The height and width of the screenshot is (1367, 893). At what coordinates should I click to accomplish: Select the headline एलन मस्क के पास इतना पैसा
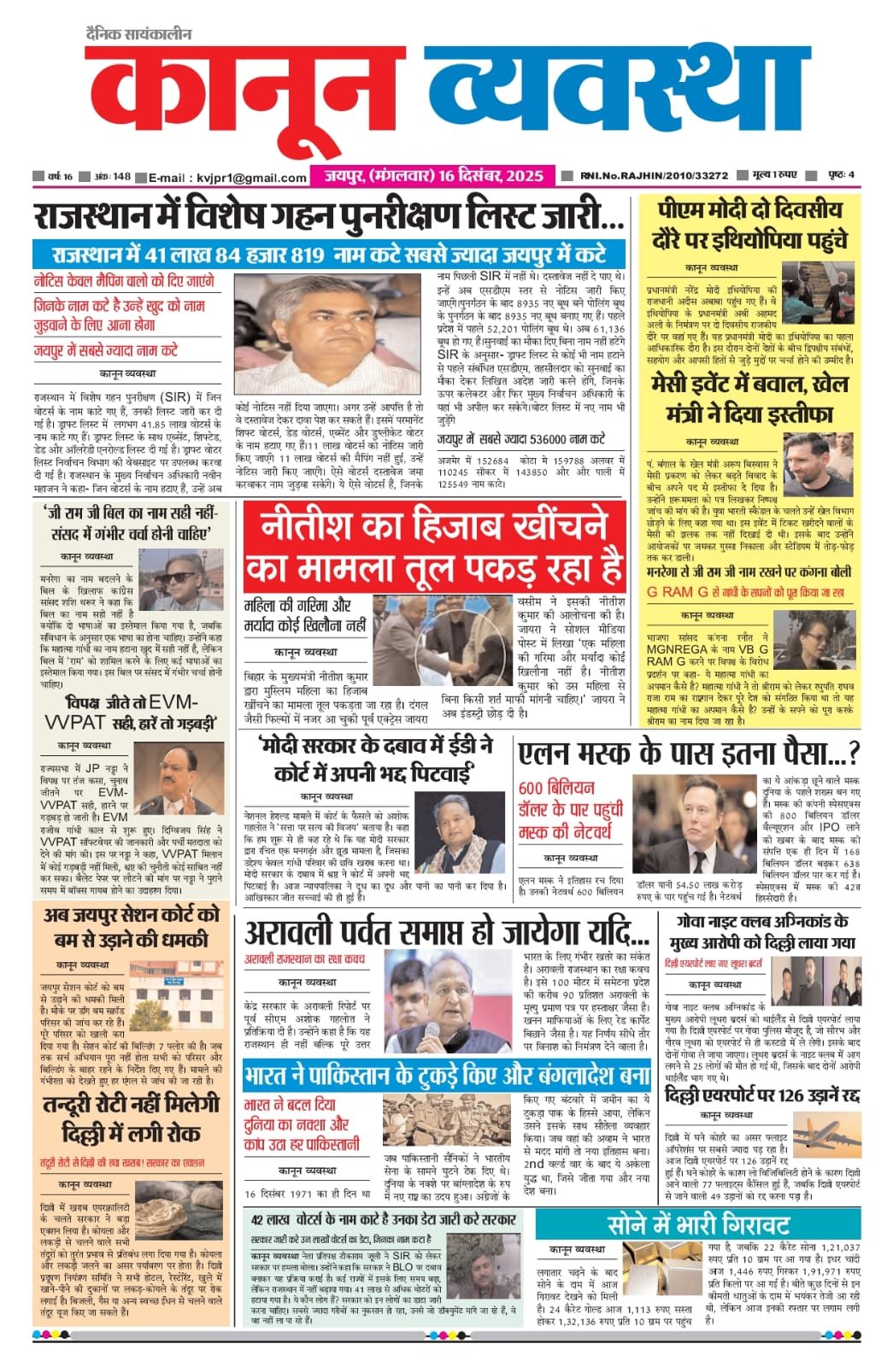pyautogui.click(x=688, y=754)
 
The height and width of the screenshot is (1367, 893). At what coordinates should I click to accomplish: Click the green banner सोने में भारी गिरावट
pyautogui.click(x=698, y=1223)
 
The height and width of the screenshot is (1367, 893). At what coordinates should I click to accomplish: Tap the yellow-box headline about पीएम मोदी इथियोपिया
pyautogui.click(x=750, y=225)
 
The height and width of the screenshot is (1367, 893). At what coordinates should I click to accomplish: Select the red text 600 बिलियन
pyautogui.click(x=555, y=788)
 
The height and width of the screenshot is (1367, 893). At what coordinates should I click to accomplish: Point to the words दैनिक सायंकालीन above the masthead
pyautogui.click(x=139, y=35)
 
